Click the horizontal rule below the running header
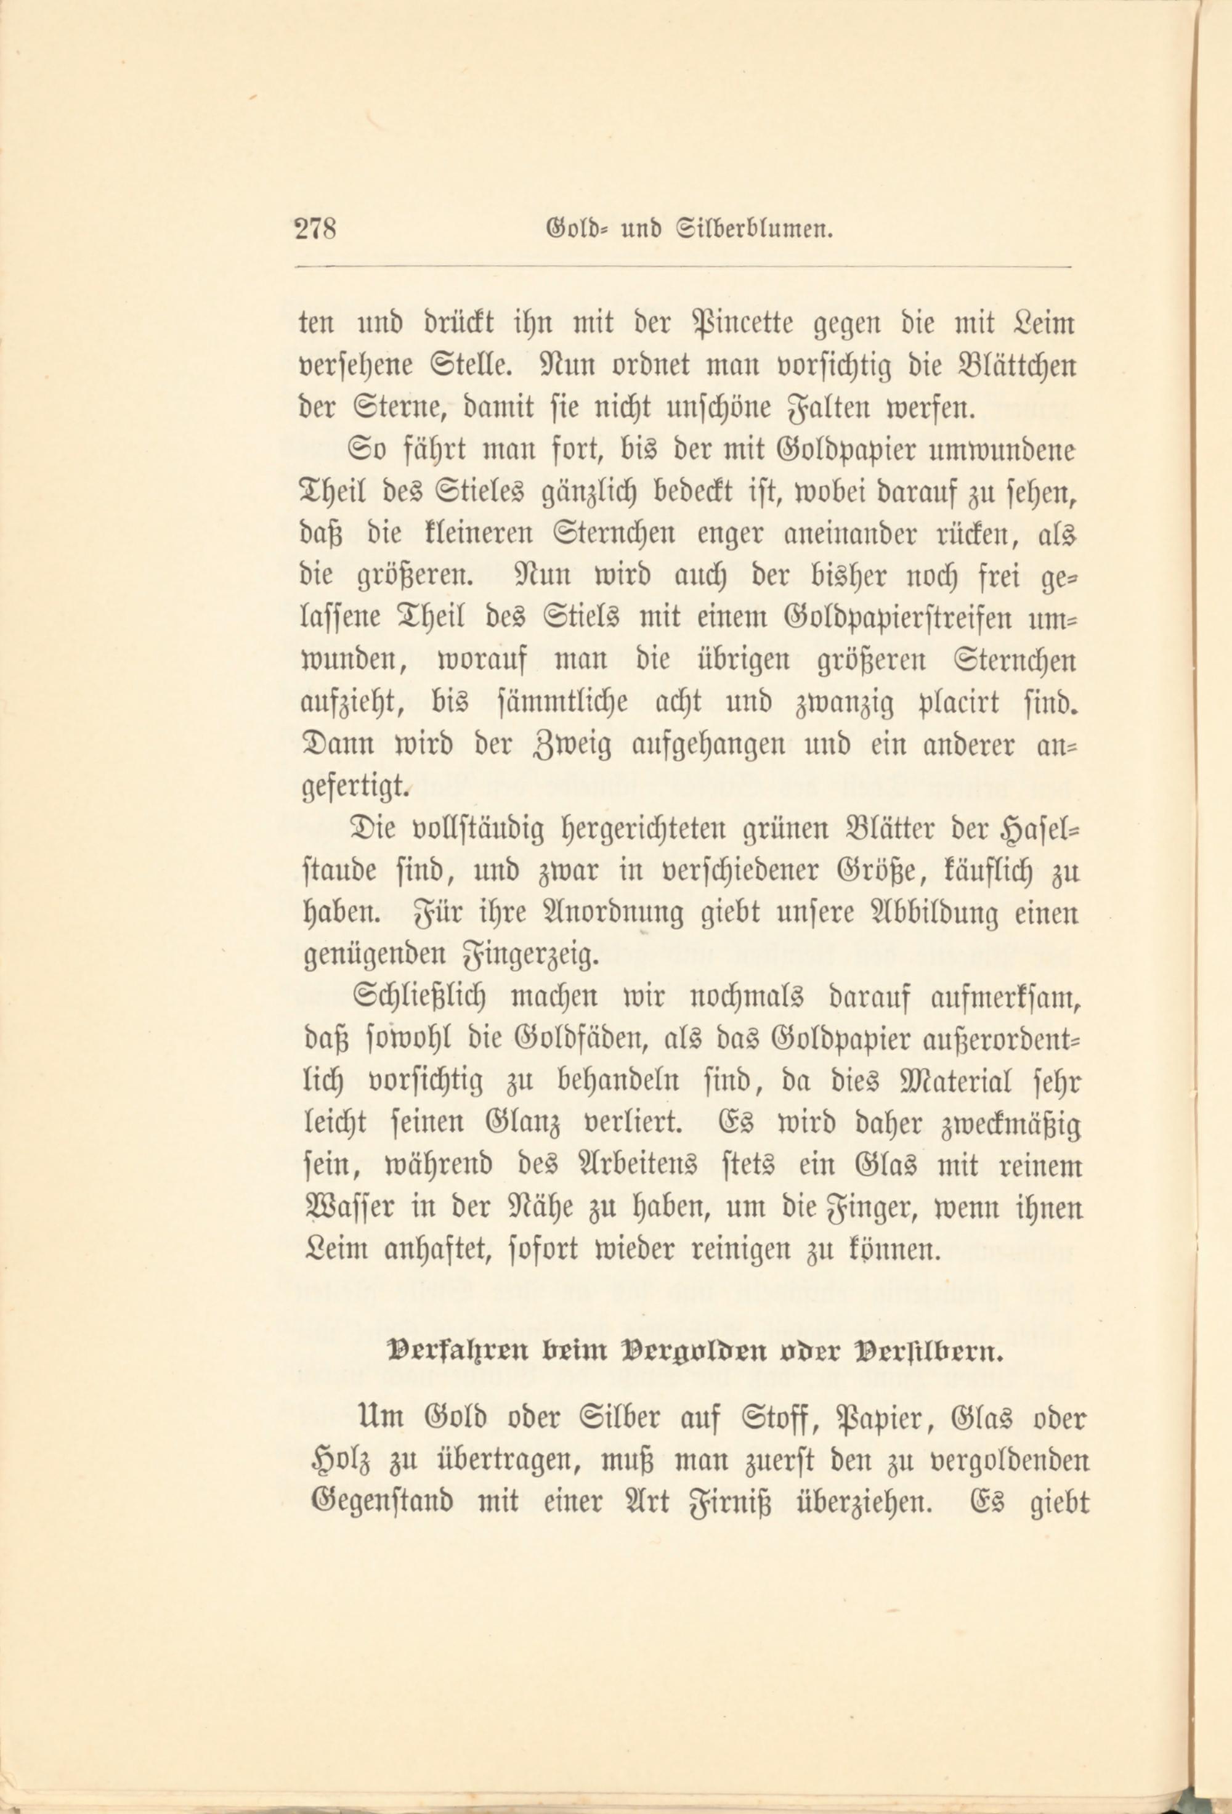tap(684, 268)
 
